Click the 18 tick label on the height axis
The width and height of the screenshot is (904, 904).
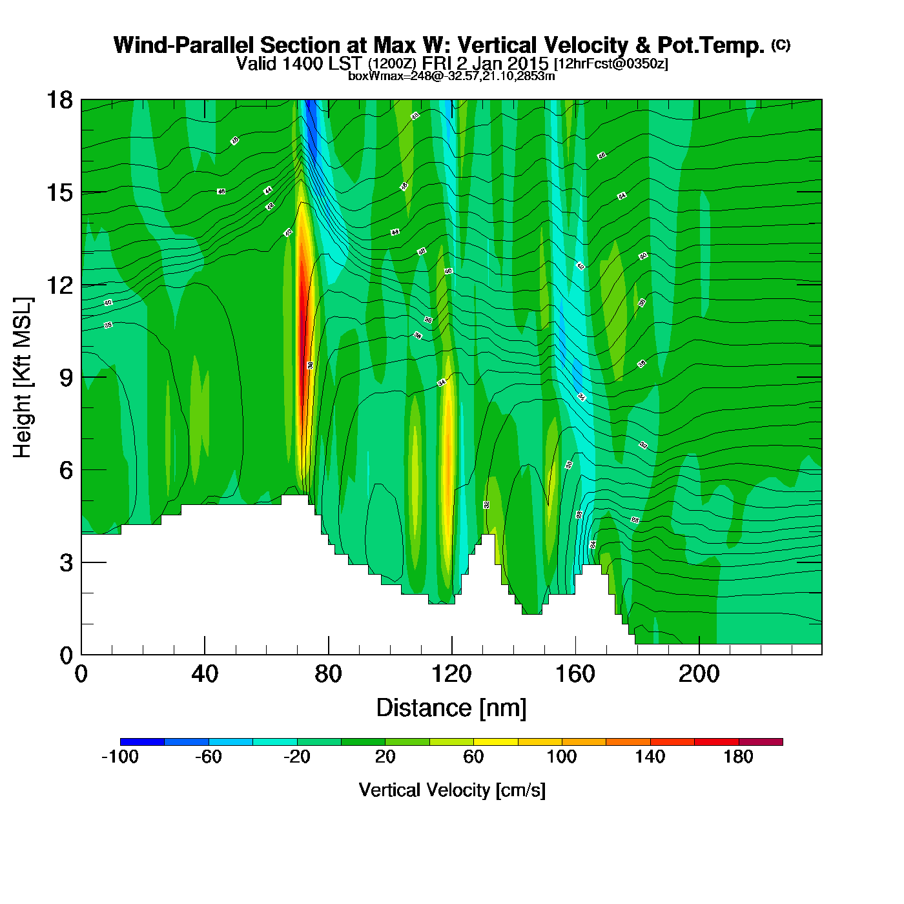click(59, 100)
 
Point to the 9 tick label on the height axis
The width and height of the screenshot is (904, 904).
click(66, 378)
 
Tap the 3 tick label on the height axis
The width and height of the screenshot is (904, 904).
click(66, 563)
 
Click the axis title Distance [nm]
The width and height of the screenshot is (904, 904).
click(451, 708)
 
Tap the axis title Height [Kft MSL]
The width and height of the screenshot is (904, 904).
click(23, 378)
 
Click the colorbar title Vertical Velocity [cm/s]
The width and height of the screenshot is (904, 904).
click(452, 790)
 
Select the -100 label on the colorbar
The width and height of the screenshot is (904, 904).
click(120, 757)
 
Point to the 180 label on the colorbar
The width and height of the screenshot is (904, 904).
click(738, 757)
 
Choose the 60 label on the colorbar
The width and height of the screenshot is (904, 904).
click(473, 757)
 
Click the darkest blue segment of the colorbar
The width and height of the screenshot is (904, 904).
click(142, 742)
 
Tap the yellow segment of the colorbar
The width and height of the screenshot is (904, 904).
click(495, 742)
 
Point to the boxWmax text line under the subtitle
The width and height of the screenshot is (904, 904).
click(451, 76)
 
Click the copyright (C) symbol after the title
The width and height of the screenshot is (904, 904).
click(780, 45)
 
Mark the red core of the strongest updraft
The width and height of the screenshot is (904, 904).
click(302, 323)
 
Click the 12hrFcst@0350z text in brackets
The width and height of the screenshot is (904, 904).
click(611, 64)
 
